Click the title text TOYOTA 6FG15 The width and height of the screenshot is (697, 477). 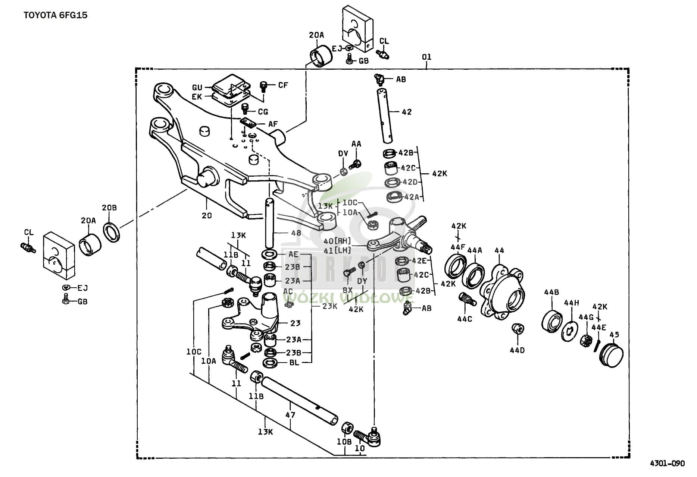click(56, 16)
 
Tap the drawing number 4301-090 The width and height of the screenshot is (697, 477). click(668, 463)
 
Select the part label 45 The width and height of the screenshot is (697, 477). click(614, 334)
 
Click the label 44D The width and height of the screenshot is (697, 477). click(517, 350)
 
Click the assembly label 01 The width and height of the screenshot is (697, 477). click(426, 57)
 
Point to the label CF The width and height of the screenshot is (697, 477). click(283, 85)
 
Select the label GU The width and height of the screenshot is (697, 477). click(197, 88)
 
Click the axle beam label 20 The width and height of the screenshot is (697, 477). click(207, 215)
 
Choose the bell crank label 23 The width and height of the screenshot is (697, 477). click(296, 323)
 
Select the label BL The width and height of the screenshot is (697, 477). click(294, 362)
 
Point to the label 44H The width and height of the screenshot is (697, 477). click(571, 303)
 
